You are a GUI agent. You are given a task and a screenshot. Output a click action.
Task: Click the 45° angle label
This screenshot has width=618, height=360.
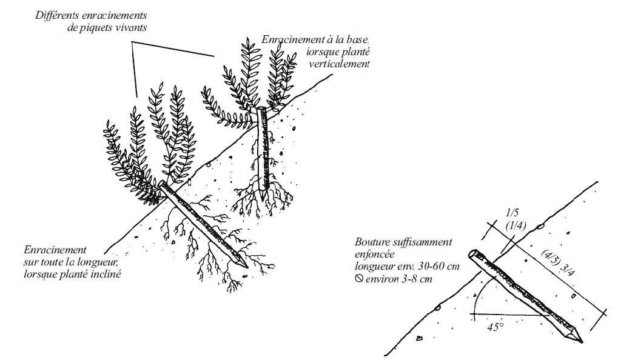pyautogui.click(x=495, y=327)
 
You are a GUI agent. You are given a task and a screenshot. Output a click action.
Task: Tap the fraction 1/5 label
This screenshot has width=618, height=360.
pyautogui.click(x=512, y=213)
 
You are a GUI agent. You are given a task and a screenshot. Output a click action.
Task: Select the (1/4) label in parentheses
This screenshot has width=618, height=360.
pyautogui.click(x=516, y=225)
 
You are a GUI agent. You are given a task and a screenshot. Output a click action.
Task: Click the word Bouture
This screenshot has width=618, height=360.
pyautogui.click(x=372, y=242)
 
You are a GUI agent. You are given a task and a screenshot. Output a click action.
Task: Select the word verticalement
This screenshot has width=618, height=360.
pyautogui.click(x=339, y=64)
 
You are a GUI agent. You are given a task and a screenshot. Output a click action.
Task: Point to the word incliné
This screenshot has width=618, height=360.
pyautogui.click(x=107, y=274)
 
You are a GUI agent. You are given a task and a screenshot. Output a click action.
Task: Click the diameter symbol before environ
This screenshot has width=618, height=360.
pyautogui.click(x=358, y=279)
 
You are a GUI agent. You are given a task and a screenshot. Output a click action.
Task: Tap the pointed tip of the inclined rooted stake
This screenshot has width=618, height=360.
pyautogui.click(x=247, y=267)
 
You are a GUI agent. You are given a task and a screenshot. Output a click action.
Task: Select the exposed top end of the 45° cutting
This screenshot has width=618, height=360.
pyautogui.click(x=473, y=253)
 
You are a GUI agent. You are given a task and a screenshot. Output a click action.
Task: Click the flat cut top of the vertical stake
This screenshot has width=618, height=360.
pyautogui.click(x=262, y=108)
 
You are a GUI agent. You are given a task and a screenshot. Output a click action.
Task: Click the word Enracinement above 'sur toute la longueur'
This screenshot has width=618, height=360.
pyautogui.click(x=55, y=250)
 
